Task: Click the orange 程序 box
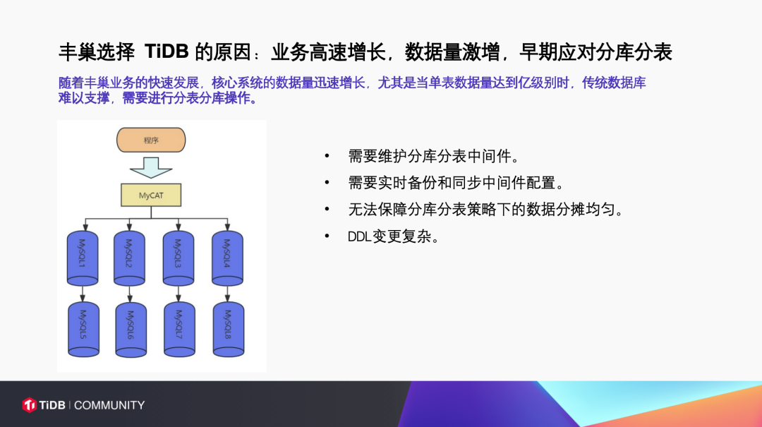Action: (x=151, y=140)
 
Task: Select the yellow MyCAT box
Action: (x=151, y=195)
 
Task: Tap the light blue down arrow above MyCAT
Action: (x=151, y=168)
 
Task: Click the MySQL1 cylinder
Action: (x=83, y=258)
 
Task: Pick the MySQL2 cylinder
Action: (x=129, y=258)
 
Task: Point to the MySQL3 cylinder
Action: (x=179, y=258)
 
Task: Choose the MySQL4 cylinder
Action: (x=227, y=258)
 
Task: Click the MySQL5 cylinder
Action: (x=83, y=329)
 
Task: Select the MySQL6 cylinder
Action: (x=131, y=330)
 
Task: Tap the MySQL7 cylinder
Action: (x=179, y=329)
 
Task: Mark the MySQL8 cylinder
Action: (x=229, y=329)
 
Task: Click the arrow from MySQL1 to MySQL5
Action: (x=83, y=294)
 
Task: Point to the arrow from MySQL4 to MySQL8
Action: (x=227, y=294)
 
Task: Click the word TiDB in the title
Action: (x=167, y=52)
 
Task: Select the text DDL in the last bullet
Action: (x=360, y=237)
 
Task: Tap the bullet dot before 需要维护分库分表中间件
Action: (x=327, y=156)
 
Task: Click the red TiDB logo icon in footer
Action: (x=29, y=404)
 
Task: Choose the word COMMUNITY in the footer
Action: (x=109, y=405)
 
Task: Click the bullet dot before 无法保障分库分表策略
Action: (x=327, y=210)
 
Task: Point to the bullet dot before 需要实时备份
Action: (x=327, y=183)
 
